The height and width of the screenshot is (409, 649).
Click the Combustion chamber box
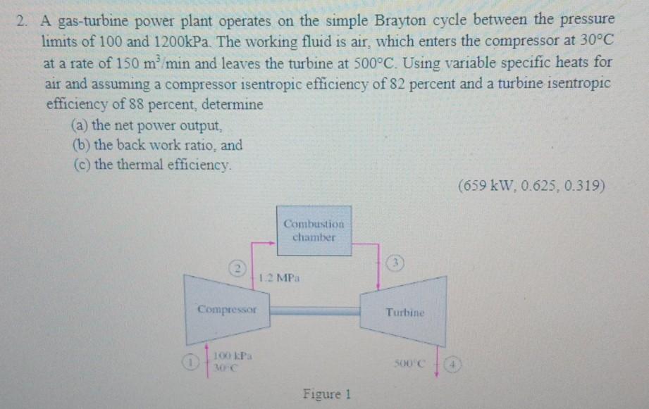[x=314, y=230]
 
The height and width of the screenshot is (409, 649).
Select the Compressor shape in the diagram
[x=227, y=308]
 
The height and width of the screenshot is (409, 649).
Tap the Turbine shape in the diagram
[x=404, y=310]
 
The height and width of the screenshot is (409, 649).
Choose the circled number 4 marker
[x=454, y=365]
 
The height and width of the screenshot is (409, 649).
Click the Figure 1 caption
[x=326, y=394]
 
